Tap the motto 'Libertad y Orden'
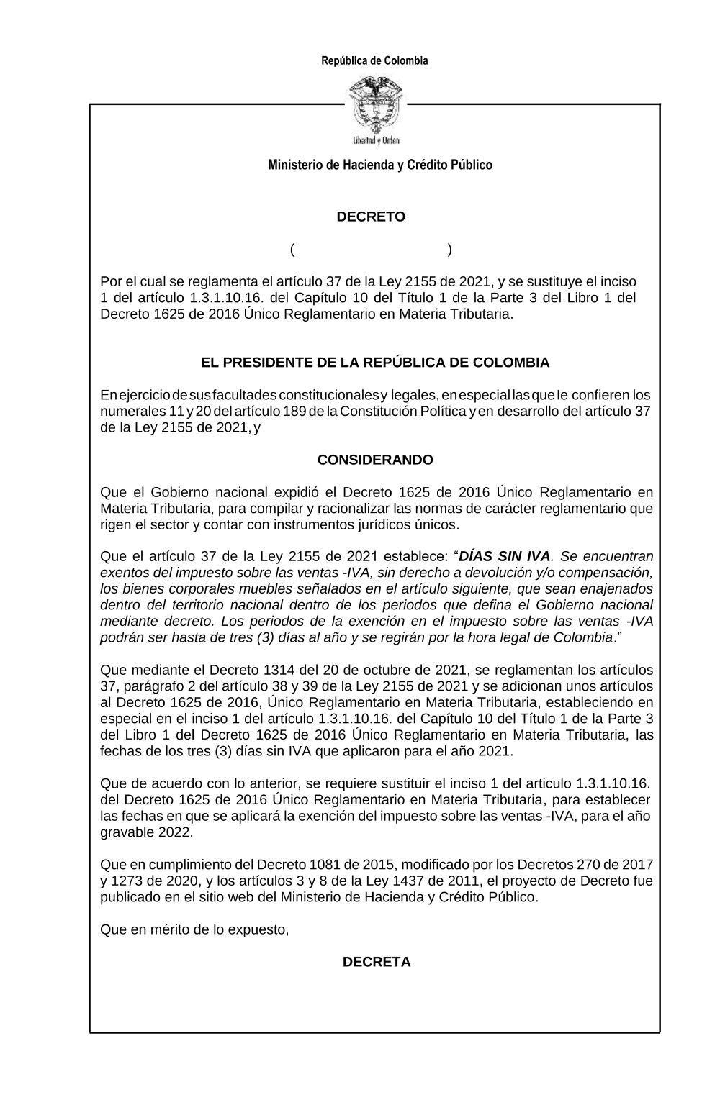(x=376, y=140)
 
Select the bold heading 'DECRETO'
(x=371, y=217)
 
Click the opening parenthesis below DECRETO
(x=293, y=250)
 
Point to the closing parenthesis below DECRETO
(x=450, y=250)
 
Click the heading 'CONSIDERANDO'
(x=375, y=460)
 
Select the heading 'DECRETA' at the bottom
(x=377, y=962)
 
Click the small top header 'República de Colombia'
(x=374, y=60)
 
